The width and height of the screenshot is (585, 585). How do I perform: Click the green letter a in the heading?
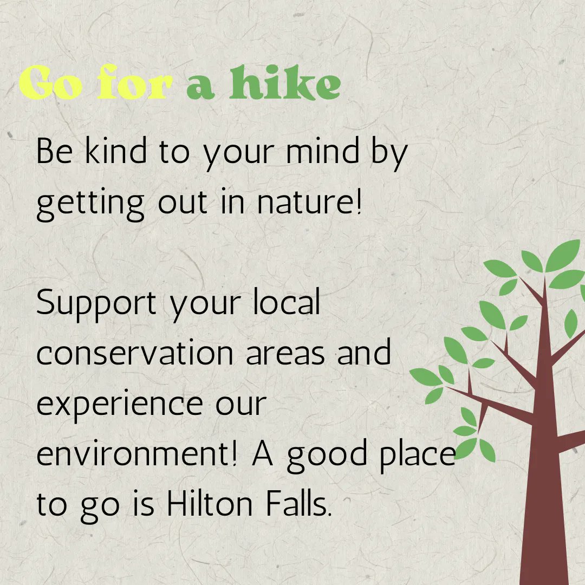click(200, 87)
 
